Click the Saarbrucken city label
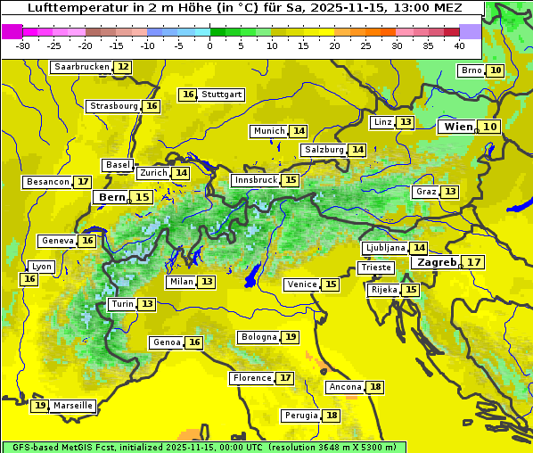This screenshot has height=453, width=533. pos(81,67)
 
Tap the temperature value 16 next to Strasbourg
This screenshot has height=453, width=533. pos(152,106)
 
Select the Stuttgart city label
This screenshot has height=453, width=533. pos(222,95)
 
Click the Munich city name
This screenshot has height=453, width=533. pos(268,131)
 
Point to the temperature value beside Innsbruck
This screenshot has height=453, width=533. pos(291,180)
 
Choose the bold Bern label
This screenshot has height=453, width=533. pos(111,197)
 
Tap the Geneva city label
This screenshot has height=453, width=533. pos(58,241)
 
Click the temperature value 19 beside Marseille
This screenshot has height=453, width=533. pos(39,406)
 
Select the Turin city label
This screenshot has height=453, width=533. pos(122,304)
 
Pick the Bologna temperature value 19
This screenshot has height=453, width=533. pos(291,337)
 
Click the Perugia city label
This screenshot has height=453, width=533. pos(300,416)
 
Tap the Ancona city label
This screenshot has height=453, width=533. pos(345,387)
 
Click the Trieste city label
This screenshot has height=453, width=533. pos(375,268)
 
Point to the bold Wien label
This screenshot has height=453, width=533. pos(458,127)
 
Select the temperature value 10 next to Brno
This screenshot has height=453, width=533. pos(495,70)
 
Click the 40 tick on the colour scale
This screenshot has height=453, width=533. pos(459,45)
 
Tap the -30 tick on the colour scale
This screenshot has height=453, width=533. pos(22,45)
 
